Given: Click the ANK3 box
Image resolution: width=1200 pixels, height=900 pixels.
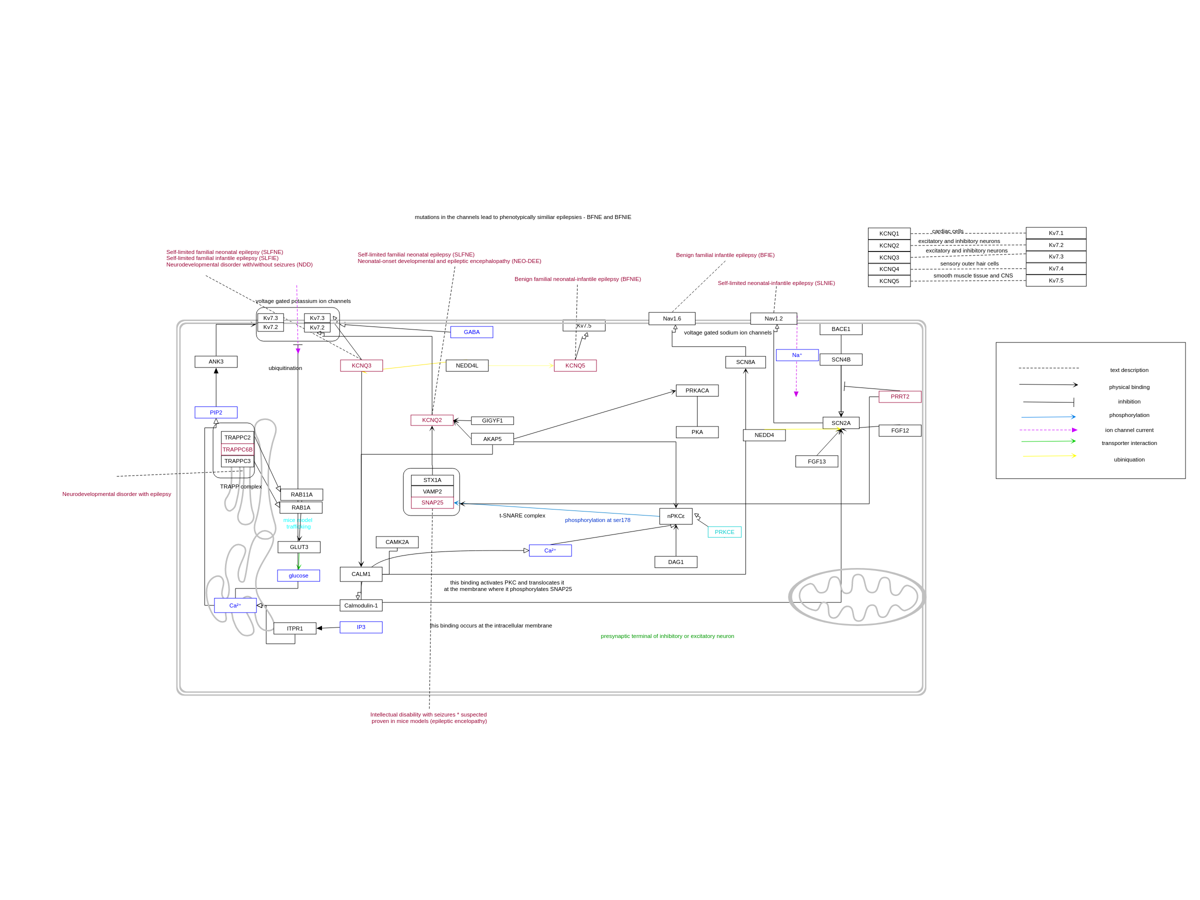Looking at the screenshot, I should coord(216,362).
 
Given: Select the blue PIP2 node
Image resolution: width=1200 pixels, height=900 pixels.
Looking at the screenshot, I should coord(216,413).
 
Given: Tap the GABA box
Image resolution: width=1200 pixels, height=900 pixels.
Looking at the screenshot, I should coord(471,332).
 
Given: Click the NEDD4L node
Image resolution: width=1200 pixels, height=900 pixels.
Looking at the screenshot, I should coord(466,365).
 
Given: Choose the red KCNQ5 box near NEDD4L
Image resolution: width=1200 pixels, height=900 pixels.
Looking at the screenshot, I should coord(575,365).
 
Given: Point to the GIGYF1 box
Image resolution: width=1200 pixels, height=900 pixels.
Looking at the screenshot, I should coord(492,421).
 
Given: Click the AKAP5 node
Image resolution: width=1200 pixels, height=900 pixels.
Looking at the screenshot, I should coord(492,439).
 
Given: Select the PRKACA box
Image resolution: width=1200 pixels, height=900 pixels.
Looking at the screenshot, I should coord(696,390).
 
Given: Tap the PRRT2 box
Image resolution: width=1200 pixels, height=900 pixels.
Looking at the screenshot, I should coord(899,396).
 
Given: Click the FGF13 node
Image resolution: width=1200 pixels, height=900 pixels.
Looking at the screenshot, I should coord(816,461).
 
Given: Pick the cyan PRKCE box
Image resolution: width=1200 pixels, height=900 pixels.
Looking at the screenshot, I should coord(724,532).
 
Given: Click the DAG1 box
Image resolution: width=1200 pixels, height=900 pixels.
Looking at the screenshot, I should coord(675,562).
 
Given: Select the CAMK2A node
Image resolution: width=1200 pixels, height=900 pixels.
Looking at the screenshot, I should coord(397,542).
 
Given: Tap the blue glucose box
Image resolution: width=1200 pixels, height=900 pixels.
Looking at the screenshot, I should coord(298,575).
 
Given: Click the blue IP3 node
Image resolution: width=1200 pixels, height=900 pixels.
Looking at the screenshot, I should coord(361,627).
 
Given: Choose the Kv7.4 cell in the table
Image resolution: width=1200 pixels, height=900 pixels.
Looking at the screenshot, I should coord(1055,268).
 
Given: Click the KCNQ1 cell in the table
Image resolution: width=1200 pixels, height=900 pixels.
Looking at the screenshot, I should coord(888,233).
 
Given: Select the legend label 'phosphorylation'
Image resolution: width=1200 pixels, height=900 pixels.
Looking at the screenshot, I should coord(1129,415).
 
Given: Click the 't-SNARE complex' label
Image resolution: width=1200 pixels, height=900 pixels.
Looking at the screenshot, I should coord(522,515).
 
